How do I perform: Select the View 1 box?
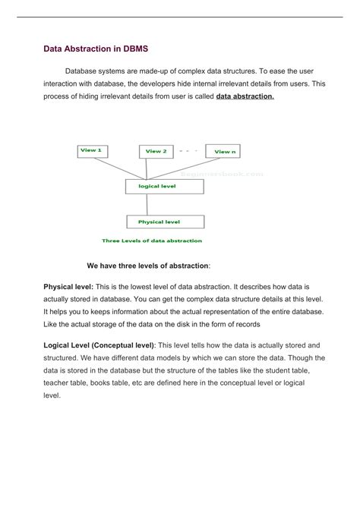tap(91, 150)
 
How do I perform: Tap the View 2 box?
tap(156, 151)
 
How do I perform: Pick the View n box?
tap(225, 151)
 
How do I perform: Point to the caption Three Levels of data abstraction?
tap(152, 241)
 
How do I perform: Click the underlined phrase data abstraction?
tap(245, 97)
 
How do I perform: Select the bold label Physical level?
tap(68, 287)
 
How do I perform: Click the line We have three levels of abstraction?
tap(149, 266)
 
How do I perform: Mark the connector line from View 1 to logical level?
tap(114, 168)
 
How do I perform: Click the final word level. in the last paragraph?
tap(52, 395)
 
